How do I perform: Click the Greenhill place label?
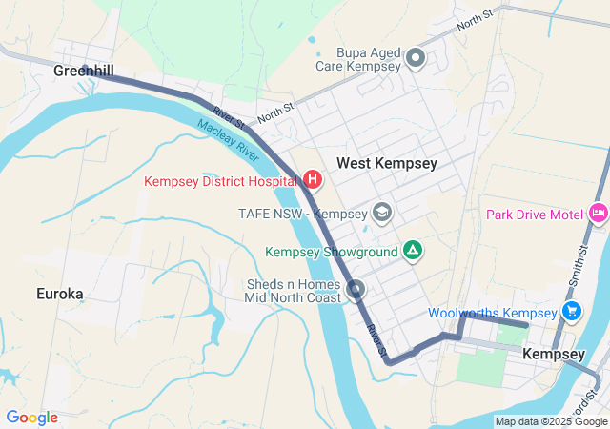(x=84, y=71)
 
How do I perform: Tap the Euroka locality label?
(x=60, y=293)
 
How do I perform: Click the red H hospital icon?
(x=312, y=179)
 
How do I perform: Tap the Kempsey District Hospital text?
(x=220, y=180)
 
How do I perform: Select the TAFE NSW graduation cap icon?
(x=382, y=212)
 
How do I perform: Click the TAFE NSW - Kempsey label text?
(x=302, y=212)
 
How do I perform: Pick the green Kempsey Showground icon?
(x=412, y=251)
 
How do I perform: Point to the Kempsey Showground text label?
(x=332, y=252)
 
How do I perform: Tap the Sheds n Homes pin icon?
(x=356, y=289)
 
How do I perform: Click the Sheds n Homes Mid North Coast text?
(x=292, y=292)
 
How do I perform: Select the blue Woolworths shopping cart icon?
(x=572, y=311)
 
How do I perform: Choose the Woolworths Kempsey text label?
(x=492, y=313)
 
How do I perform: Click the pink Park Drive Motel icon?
(x=599, y=213)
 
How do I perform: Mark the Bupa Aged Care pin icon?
(x=416, y=59)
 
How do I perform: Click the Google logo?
(x=32, y=418)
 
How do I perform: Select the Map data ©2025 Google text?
(x=551, y=421)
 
